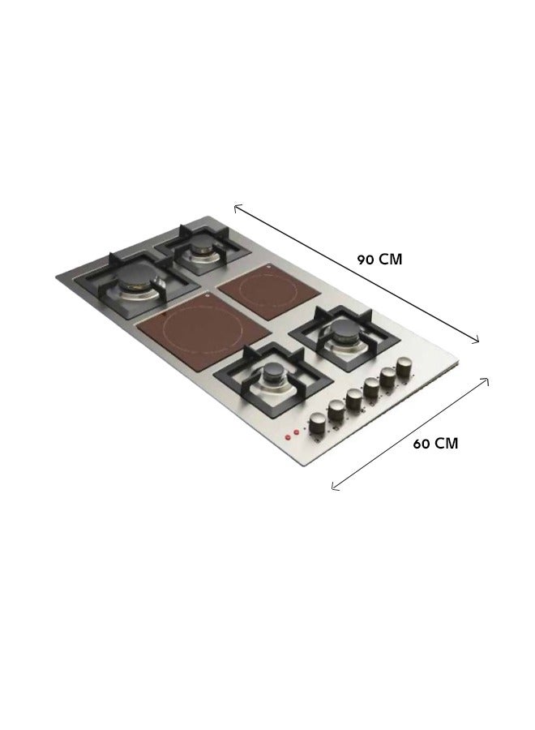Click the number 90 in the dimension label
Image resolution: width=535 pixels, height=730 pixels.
pos(366,260)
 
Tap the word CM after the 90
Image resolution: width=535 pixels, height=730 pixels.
pos(390,260)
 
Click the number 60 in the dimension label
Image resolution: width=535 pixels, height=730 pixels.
pos(422,444)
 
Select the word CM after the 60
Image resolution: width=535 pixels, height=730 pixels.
pos(446,444)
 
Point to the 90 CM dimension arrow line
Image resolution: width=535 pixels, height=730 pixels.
pos(357,274)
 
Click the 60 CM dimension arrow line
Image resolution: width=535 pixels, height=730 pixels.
pos(410,434)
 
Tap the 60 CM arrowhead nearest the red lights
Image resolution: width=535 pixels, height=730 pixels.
pos(333,488)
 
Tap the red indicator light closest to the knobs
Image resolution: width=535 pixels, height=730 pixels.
pos(296,432)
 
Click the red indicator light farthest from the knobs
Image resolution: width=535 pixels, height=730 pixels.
pos(288,437)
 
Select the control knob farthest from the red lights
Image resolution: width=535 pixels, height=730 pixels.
pos(403,367)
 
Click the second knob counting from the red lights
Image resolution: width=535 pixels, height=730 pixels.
pos(336,409)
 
